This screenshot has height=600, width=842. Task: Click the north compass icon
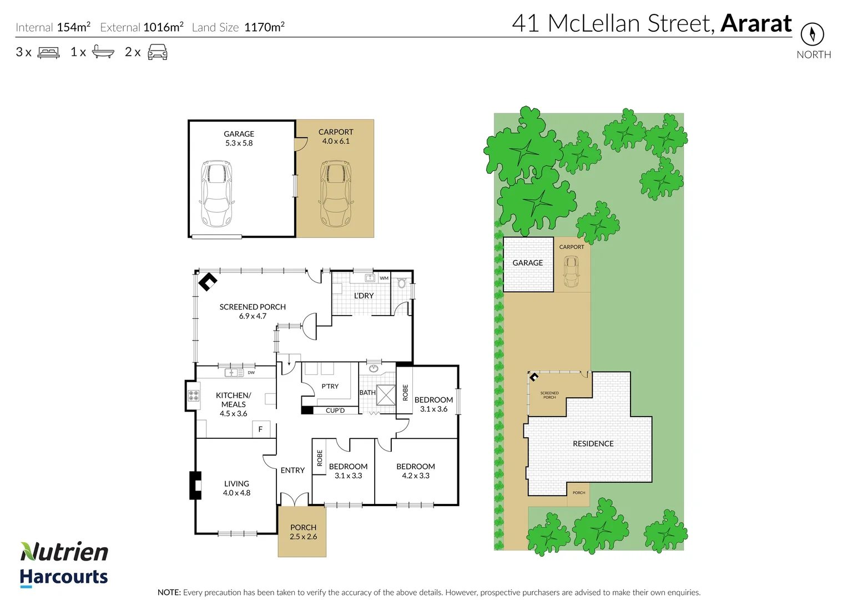[812, 34]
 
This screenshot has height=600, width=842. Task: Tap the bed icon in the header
[48, 53]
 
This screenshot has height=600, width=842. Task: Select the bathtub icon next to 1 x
[103, 52]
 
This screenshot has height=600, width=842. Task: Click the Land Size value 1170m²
[264, 27]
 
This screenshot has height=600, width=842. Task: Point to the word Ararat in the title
[756, 23]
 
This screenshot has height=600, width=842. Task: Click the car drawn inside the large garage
[216, 193]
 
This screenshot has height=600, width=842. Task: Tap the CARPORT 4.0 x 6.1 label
[335, 137]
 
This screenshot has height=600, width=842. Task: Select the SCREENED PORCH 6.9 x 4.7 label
[253, 311]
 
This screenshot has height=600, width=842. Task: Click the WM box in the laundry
[384, 278]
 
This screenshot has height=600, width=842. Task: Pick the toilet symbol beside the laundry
[402, 283]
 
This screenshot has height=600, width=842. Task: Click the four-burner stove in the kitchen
[193, 396]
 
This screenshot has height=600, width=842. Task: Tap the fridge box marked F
[260, 429]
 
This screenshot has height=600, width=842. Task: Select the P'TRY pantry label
[330, 386]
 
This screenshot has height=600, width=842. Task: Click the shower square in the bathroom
[386, 394]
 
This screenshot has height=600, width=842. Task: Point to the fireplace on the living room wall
[195, 486]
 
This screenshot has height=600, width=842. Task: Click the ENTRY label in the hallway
[293, 471]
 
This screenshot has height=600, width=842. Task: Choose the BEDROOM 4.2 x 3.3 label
[416, 471]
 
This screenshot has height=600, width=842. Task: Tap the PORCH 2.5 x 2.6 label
[303, 532]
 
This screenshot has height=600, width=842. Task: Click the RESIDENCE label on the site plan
[593, 444]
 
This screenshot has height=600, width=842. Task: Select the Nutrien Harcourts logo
[64, 564]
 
